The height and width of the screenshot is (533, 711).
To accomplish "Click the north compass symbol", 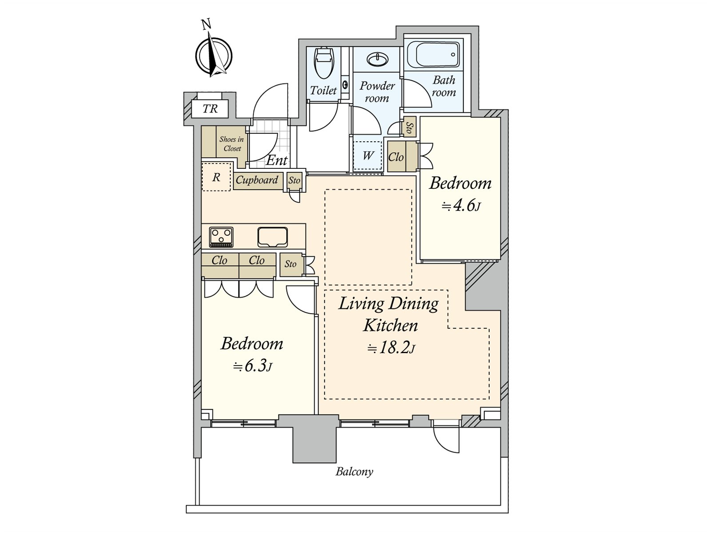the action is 213,55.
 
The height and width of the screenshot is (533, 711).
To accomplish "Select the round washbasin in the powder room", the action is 377,60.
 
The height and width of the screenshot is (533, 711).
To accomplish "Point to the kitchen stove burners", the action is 221,237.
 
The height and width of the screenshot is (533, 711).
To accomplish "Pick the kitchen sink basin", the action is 272,237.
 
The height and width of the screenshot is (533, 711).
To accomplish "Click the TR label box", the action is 210,109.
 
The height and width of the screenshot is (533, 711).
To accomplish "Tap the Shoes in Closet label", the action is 232,143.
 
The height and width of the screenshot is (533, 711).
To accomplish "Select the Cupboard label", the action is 257,180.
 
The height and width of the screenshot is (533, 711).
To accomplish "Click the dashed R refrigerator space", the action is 216,177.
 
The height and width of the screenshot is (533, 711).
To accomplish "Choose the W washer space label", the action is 367,155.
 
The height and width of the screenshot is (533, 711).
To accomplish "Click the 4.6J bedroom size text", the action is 461,206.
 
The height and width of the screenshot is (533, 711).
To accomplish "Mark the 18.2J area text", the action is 391,348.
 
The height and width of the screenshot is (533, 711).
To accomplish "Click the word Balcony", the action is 354,472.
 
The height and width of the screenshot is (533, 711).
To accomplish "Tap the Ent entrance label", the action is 277,160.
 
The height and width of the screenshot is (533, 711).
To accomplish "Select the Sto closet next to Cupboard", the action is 294,180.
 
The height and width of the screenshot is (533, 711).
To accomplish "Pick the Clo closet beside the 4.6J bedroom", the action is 396,157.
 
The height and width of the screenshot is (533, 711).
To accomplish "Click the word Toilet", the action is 323,90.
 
